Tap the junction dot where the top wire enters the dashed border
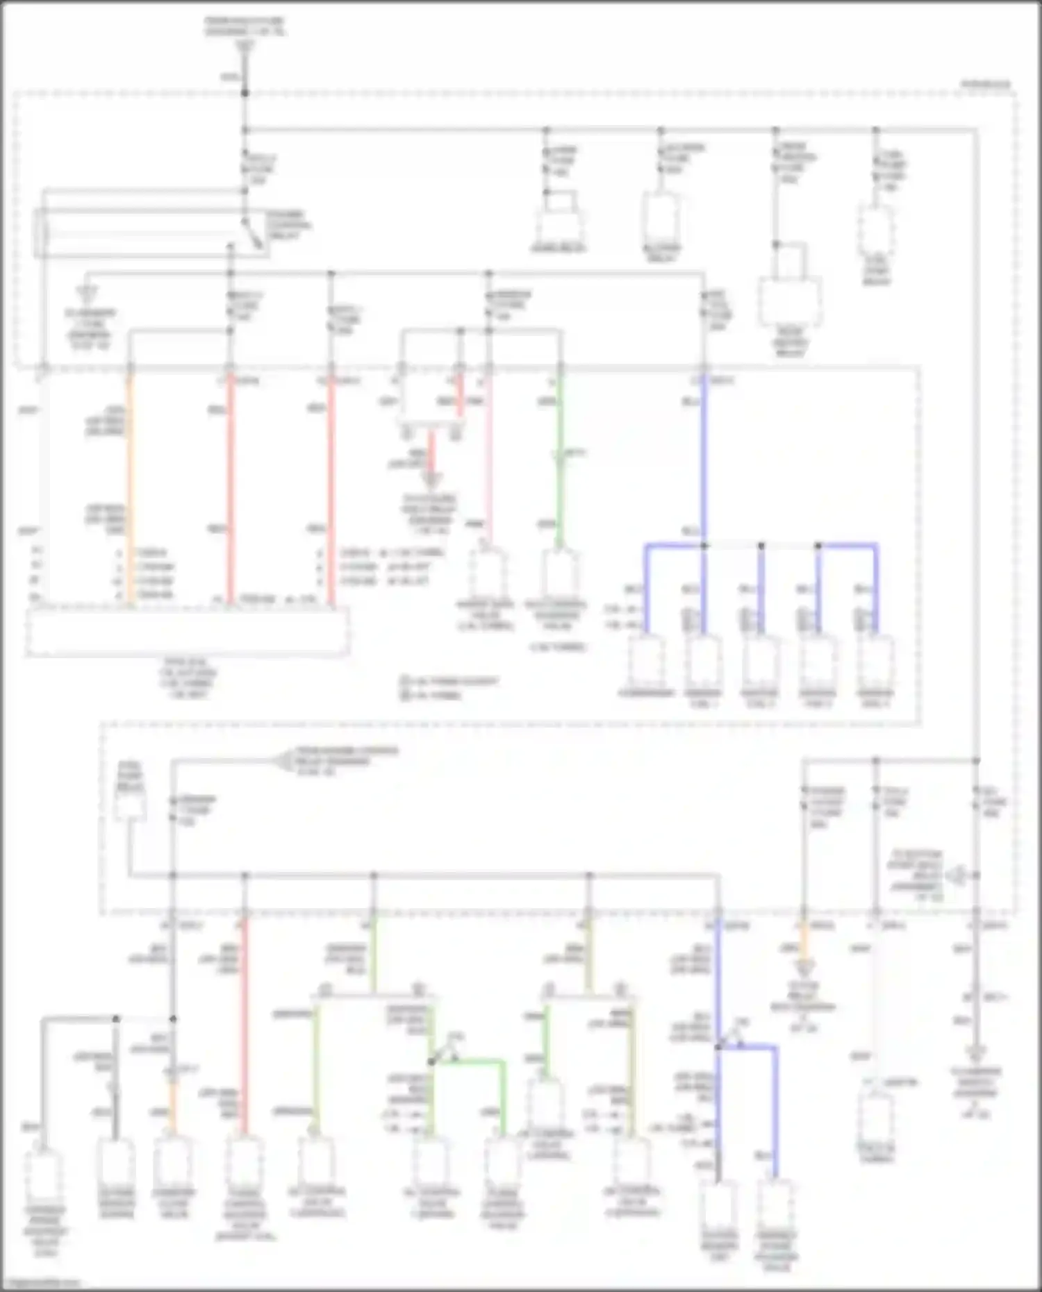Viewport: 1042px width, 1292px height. click(245, 92)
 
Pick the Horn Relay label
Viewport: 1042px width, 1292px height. click(559, 249)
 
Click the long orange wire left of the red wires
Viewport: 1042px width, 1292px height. click(129, 486)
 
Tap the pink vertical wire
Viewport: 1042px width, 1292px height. click(489, 458)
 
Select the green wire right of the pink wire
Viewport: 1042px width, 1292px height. click(560, 458)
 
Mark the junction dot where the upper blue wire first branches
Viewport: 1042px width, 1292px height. click(704, 546)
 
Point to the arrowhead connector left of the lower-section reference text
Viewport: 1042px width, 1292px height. click(281, 762)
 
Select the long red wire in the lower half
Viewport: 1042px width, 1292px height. click(244, 1027)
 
